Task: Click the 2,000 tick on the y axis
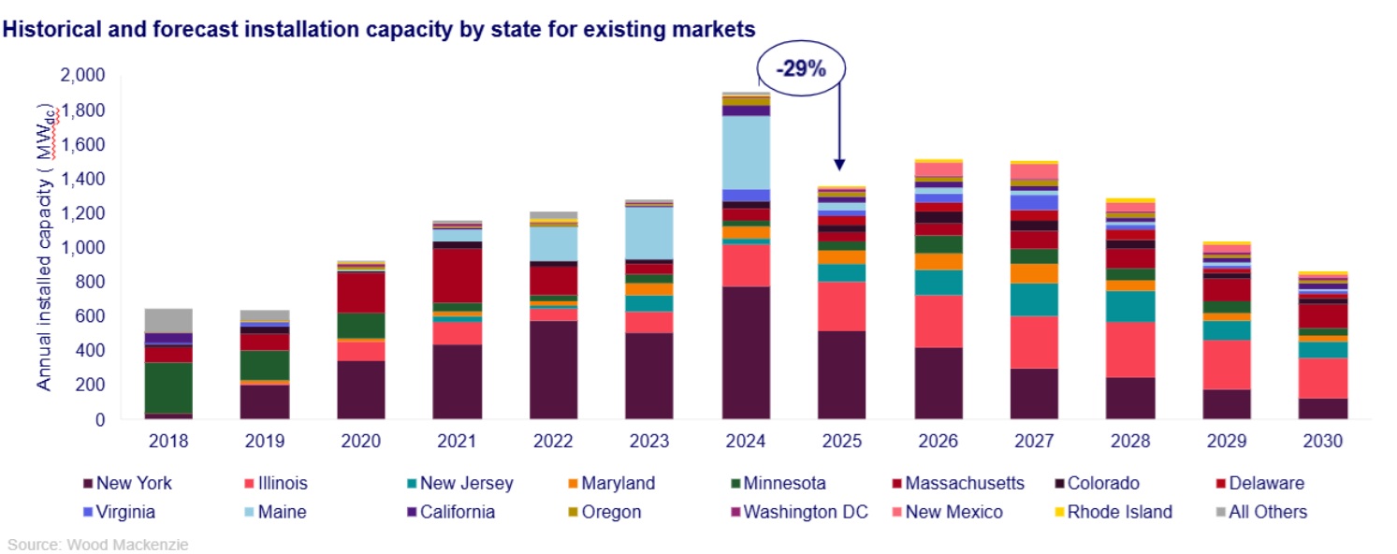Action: tap(83, 76)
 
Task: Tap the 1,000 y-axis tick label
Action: tap(83, 248)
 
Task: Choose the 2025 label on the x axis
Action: tap(841, 441)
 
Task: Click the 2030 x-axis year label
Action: tap(1322, 441)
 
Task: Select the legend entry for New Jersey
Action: tap(465, 484)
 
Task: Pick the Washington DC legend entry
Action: tap(805, 512)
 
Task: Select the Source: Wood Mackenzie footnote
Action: tap(98, 544)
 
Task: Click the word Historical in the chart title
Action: tap(51, 30)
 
